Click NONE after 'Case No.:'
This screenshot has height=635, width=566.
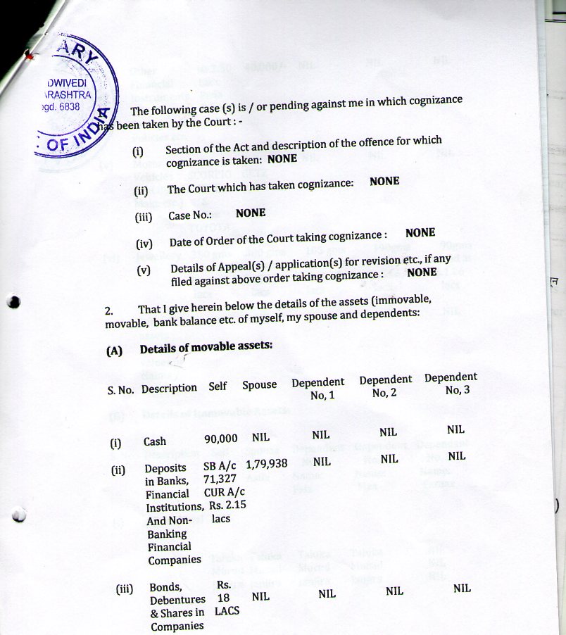tap(251, 213)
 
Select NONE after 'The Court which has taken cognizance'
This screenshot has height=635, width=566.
tap(384, 181)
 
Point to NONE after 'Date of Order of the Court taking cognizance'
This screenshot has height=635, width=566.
tap(420, 232)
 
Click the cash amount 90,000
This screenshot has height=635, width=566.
tap(221, 439)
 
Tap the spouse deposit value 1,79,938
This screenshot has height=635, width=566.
tap(268, 464)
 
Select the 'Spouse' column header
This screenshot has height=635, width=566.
tap(260, 386)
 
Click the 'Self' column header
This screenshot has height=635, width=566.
tap(218, 386)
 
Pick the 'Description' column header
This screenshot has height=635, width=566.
tap(169, 388)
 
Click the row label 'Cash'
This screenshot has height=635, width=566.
tap(155, 441)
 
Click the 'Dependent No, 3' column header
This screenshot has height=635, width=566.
tap(451, 384)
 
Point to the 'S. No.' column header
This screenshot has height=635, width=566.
tap(121, 389)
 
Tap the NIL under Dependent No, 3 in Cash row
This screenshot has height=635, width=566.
tap(455, 429)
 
